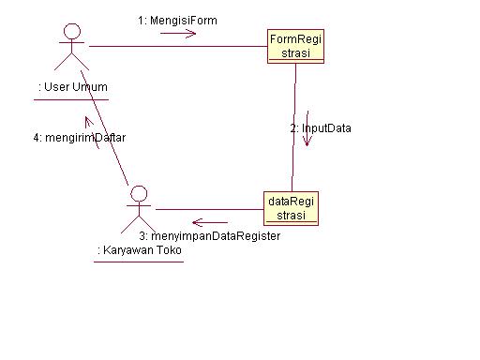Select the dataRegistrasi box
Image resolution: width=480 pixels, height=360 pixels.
pyautogui.click(x=292, y=207)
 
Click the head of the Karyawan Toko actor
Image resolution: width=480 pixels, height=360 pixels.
pyautogui.click(x=140, y=194)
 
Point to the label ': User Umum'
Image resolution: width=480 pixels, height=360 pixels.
pyautogui.click(x=72, y=87)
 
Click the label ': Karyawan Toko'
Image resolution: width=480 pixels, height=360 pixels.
pyautogui.click(x=139, y=250)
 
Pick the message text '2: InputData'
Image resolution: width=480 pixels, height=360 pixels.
pyautogui.click(x=321, y=127)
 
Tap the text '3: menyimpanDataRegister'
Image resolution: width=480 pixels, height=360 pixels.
pyautogui.click(x=209, y=236)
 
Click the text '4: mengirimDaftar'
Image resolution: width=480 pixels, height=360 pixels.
pyautogui.click(x=79, y=137)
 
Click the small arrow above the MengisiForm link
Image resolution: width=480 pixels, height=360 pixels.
pyautogui.click(x=178, y=34)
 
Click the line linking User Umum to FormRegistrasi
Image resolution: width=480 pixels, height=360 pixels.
pyautogui.click(x=178, y=46)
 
